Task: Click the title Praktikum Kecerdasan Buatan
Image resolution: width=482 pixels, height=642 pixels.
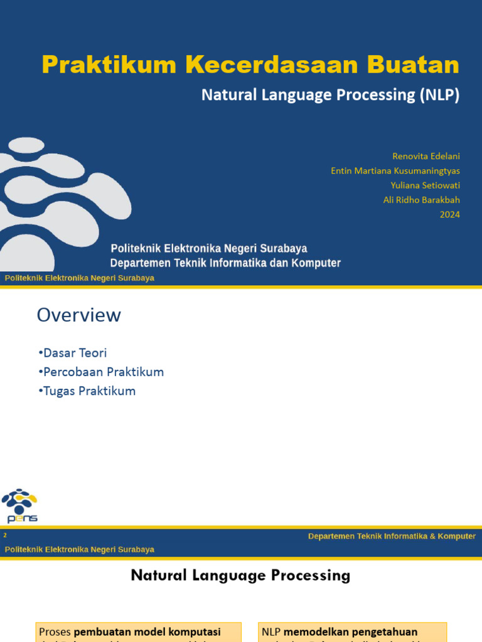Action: [x=250, y=65]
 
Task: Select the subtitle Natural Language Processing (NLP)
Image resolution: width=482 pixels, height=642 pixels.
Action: [x=330, y=95]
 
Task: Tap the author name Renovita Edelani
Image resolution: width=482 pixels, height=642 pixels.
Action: [x=426, y=155]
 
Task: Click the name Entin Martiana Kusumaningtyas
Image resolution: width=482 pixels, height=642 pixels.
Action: [x=395, y=171]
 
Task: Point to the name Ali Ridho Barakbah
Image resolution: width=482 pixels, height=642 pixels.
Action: [x=421, y=200]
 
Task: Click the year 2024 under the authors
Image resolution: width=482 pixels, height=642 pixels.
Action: [x=449, y=214]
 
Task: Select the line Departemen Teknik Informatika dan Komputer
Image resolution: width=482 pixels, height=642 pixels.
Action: [x=225, y=263]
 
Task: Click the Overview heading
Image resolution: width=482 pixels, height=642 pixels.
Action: [x=78, y=315]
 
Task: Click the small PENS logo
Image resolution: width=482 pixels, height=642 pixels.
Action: [x=19, y=505]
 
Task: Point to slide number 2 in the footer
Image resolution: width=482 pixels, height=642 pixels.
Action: [x=5, y=535]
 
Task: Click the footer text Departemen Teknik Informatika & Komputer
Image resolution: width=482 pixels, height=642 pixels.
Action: [x=392, y=536]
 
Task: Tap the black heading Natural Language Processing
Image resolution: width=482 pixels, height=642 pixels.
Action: [x=240, y=575]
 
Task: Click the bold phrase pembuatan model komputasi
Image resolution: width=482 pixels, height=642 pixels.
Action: [x=147, y=632]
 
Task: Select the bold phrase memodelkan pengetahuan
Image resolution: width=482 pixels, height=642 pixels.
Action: [x=350, y=632]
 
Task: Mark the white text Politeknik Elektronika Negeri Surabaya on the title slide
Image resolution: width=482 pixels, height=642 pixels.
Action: [x=209, y=249]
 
